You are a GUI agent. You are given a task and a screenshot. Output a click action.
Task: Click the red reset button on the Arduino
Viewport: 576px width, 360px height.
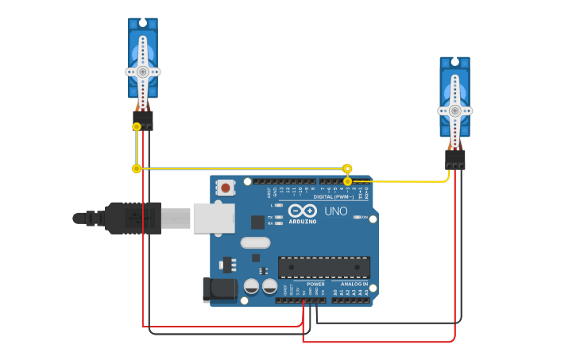coord(226,188)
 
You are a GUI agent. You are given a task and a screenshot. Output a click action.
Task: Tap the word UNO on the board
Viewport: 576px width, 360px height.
coord(335,211)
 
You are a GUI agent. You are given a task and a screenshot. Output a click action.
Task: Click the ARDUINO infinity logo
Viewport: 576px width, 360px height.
coord(303,211)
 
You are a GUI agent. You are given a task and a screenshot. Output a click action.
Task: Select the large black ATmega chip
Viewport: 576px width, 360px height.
coord(323,267)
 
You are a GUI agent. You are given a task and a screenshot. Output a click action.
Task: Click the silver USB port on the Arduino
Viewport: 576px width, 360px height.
coord(214,218)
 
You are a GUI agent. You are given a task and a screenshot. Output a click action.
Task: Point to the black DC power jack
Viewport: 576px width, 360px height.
coord(220,289)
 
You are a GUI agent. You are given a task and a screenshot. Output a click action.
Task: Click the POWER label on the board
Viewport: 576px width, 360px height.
coord(315,284)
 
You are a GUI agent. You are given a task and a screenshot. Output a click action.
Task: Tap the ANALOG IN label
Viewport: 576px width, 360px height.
coord(354,284)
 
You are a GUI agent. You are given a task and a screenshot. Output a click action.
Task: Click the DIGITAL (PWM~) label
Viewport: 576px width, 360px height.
coord(334,196)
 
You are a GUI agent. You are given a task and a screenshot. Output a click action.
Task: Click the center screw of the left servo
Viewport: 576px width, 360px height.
coord(142,72)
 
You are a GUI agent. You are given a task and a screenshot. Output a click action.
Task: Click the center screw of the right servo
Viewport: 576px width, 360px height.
coord(454,110)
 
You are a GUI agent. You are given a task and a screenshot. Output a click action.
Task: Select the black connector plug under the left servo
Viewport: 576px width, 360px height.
coord(143,120)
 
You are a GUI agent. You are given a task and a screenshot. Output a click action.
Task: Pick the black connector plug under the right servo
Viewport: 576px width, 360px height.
coord(455,160)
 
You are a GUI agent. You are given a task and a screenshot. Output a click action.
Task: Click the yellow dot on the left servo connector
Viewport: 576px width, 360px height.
coord(137,126)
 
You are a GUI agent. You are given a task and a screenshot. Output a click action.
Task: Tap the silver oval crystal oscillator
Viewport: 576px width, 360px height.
coord(255,242)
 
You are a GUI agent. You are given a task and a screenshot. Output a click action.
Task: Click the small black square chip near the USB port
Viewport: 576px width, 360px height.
coord(257,222)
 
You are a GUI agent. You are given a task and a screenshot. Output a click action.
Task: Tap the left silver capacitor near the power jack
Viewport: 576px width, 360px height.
coord(251,286)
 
